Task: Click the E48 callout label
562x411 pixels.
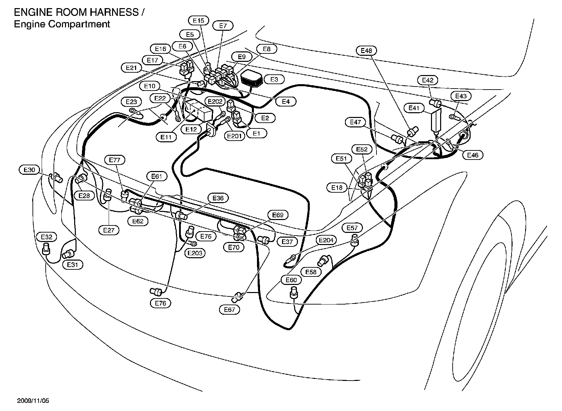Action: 366,51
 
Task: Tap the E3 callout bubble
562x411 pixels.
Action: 274,79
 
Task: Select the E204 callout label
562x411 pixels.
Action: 326,240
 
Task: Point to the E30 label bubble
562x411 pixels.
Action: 29,170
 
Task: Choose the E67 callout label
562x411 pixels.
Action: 230,310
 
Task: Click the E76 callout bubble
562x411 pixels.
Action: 160,303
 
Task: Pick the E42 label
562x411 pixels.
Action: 428,80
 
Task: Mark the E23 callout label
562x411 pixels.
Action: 131,102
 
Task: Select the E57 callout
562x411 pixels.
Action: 352,228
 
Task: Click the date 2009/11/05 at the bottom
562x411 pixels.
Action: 33,401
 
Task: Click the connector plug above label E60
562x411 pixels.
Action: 294,291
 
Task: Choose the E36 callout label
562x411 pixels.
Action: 218,198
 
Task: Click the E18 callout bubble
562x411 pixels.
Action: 337,188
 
